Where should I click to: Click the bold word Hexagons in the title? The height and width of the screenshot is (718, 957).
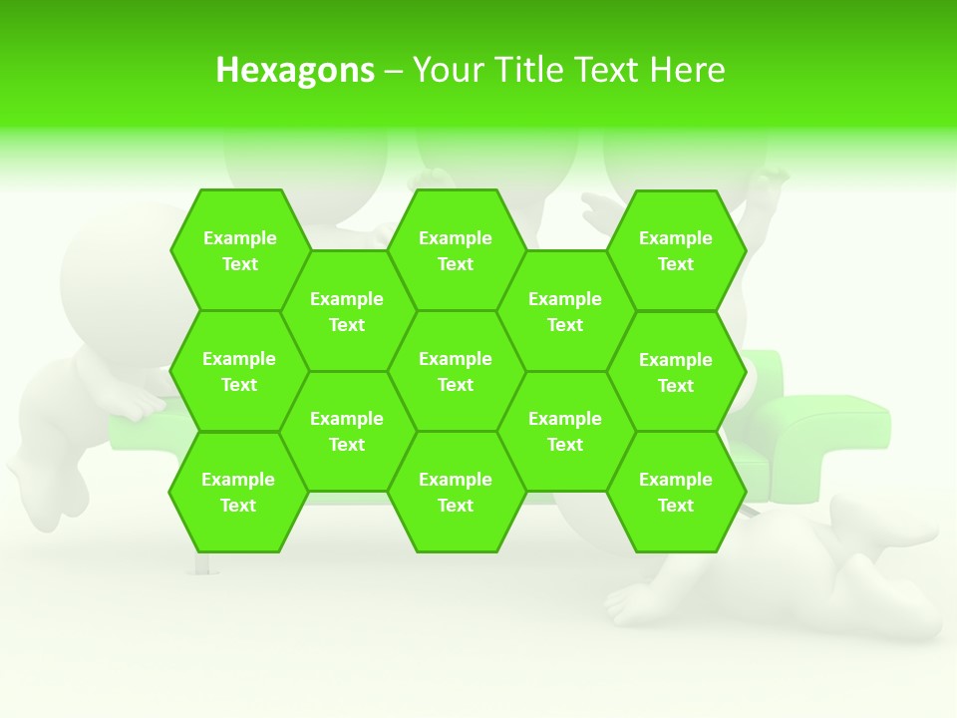[x=295, y=70]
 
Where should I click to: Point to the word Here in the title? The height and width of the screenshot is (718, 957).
[x=687, y=70]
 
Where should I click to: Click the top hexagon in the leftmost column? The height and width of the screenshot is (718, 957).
[x=239, y=250]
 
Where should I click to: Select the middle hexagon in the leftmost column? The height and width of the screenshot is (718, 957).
[x=239, y=371]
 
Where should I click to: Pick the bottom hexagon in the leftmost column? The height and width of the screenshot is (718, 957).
[x=238, y=492]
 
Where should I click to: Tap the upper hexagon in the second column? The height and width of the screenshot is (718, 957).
[x=347, y=311]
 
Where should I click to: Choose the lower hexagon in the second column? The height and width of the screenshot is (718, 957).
[x=347, y=431]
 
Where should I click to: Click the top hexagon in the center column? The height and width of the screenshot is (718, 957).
[x=456, y=250]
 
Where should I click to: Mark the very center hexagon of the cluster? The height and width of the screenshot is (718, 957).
[x=456, y=371]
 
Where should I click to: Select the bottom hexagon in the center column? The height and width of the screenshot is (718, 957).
[x=456, y=492]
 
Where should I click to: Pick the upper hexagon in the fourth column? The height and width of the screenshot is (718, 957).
[x=565, y=311]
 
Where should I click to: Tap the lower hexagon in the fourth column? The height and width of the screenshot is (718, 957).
[x=565, y=431]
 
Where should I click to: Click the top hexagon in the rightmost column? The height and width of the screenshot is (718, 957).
[x=676, y=250]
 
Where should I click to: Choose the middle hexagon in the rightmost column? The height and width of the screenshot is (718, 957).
[x=676, y=372]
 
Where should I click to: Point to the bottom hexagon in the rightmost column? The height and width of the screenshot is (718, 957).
[x=676, y=492]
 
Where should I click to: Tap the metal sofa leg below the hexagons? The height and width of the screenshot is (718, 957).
[x=202, y=564]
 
